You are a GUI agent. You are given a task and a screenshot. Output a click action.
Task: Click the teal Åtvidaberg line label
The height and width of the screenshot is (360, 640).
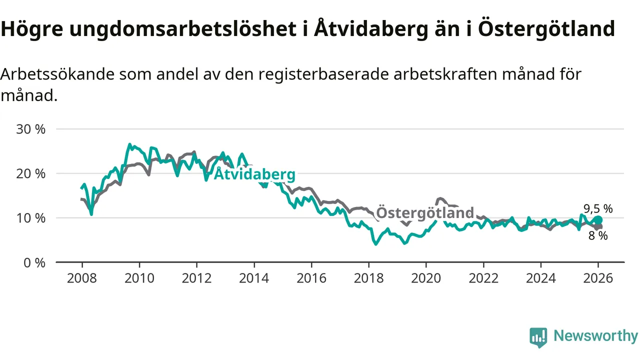pyautogui.click(x=254, y=174)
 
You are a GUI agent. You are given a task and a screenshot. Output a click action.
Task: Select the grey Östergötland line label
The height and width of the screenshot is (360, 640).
pyautogui.click(x=424, y=212)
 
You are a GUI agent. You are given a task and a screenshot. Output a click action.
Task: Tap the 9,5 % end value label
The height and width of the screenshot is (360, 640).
pyautogui.click(x=598, y=209)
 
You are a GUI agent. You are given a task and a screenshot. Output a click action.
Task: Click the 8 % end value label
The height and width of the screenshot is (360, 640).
pyautogui.click(x=598, y=236)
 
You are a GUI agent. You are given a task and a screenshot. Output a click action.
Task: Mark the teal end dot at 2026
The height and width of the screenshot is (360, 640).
pyautogui.click(x=598, y=220)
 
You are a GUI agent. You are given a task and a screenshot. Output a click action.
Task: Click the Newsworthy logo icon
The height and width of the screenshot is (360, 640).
pyautogui.click(x=538, y=337)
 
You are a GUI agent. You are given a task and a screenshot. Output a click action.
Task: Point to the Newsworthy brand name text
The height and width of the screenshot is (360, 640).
pyautogui.click(x=595, y=336)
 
